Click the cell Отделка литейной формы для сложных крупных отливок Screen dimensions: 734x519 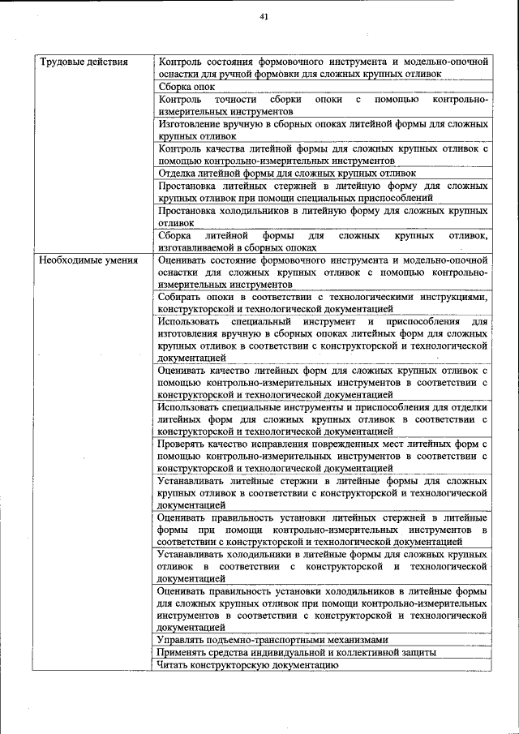click(287, 173)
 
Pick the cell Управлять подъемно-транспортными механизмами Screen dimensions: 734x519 click(273, 639)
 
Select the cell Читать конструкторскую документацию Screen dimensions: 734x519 click(247, 664)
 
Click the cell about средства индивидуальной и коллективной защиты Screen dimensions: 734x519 click(298, 652)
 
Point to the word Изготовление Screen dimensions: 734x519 click(191, 124)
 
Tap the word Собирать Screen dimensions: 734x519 click(182, 297)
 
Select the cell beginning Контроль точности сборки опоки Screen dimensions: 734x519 click(323, 105)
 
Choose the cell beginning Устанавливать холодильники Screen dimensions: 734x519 click(323, 566)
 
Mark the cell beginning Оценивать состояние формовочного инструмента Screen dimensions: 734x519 click(323, 273)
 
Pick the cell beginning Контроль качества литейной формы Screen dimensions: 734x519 click(323, 154)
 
